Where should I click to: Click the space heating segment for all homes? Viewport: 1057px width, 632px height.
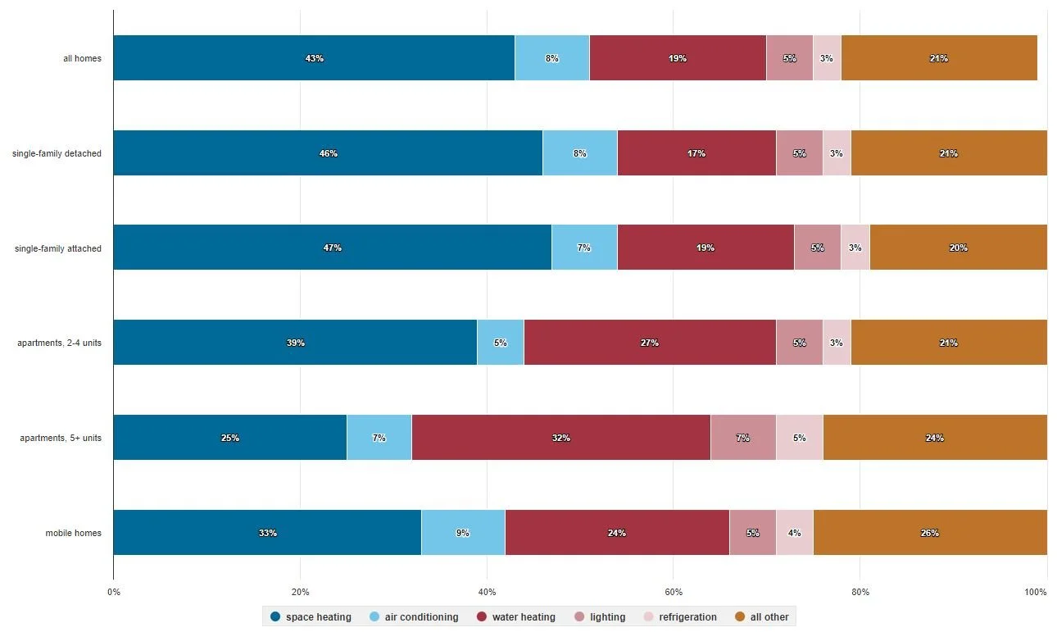coord(314,58)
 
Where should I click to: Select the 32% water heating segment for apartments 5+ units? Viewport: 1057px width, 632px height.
coord(560,438)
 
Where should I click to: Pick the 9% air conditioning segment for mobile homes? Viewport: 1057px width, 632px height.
coord(463,533)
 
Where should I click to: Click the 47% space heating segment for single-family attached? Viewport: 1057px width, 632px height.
coord(332,248)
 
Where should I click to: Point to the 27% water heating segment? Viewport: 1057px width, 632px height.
coord(650,343)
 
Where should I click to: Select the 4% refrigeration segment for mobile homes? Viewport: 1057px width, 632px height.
coord(794,533)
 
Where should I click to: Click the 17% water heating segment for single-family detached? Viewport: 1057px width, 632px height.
coord(696,153)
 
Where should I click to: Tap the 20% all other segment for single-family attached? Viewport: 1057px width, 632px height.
coord(958,248)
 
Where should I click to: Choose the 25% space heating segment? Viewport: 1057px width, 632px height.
coord(229,438)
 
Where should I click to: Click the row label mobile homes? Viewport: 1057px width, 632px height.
coord(74,533)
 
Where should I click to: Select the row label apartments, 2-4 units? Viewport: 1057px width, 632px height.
coord(59,343)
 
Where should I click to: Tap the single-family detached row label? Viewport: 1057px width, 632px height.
coord(57,153)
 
